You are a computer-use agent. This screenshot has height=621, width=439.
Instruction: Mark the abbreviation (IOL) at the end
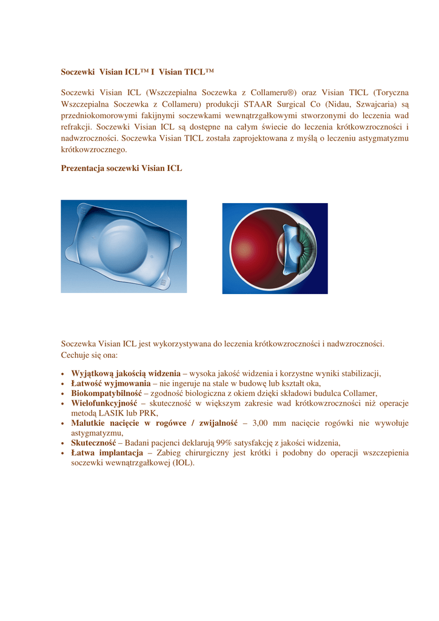point(183,463)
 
